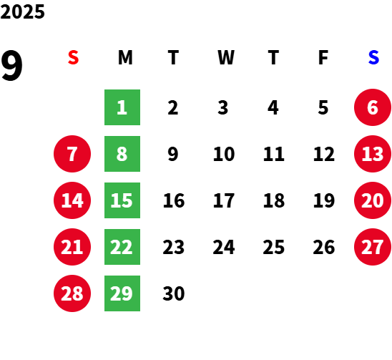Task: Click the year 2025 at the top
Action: pyautogui.click(x=22, y=11)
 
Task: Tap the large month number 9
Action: pyautogui.click(x=11, y=66)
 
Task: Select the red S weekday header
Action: pyautogui.click(x=73, y=57)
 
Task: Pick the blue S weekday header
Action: pyautogui.click(x=373, y=57)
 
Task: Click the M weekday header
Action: pyautogui.click(x=125, y=57)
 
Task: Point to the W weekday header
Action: pyautogui.click(x=226, y=57)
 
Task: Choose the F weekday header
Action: pyautogui.click(x=323, y=57)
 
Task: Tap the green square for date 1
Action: pyautogui.click(x=122, y=107)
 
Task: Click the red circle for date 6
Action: pyautogui.click(x=373, y=107)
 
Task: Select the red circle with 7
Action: pyautogui.click(x=72, y=154)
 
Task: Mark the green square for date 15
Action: pyautogui.click(x=122, y=200)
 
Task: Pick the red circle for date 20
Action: pyautogui.click(x=373, y=200)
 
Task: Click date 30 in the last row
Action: pyautogui.click(x=174, y=293)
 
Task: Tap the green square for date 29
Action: pyautogui.click(x=122, y=293)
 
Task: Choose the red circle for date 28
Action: pyautogui.click(x=72, y=293)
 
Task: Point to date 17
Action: pyautogui.click(x=224, y=200)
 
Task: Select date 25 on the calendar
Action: pyautogui.click(x=274, y=247)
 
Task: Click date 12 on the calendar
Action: pyautogui.click(x=324, y=154)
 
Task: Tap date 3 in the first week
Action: pyautogui.click(x=223, y=107)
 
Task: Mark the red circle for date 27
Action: pyautogui.click(x=373, y=247)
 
